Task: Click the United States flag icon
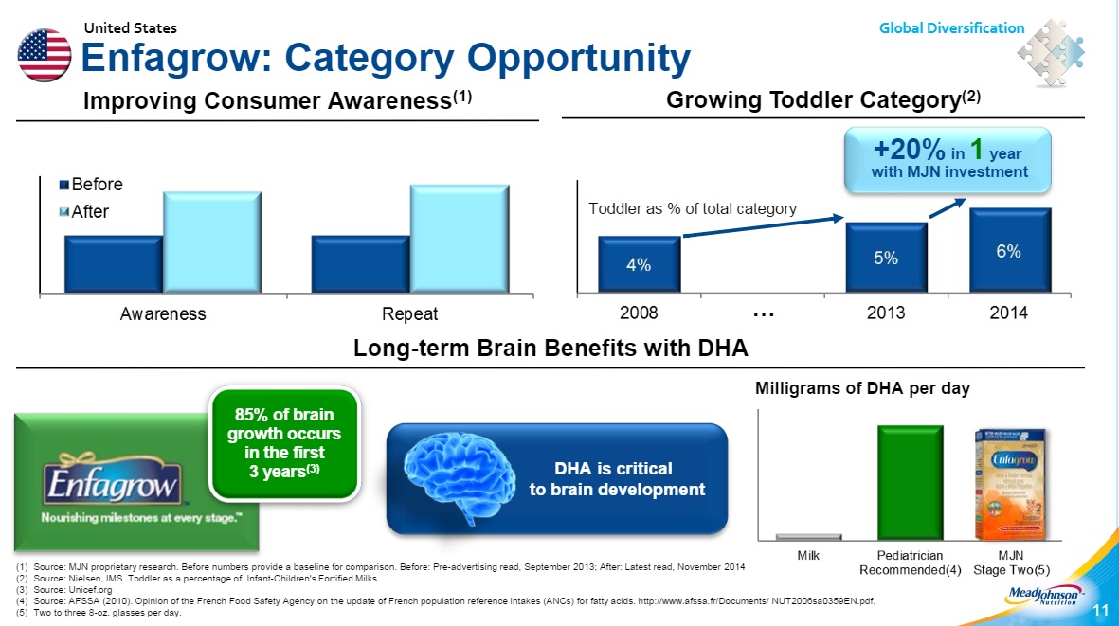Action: [44, 55]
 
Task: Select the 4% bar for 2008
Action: [639, 264]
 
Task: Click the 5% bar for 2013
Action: [886, 257]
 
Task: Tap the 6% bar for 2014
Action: [1009, 250]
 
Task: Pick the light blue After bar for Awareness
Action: [211, 242]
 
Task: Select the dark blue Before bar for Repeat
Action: [360, 264]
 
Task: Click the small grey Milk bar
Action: [808, 537]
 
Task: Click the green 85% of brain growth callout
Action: [283, 442]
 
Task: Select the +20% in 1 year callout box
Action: [948, 160]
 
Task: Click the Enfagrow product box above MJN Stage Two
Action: [1012, 483]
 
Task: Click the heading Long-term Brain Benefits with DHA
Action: [550, 349]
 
